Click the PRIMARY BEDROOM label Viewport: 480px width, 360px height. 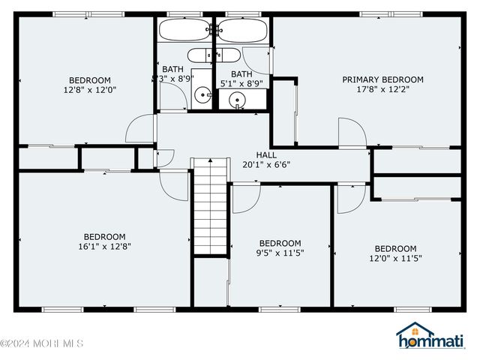(382, 79)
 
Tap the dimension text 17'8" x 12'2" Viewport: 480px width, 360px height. (382, 89)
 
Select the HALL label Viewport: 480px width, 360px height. (266, 154)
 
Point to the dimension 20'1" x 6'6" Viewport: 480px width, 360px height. (266, 164)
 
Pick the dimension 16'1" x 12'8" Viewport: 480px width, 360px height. (104, 246)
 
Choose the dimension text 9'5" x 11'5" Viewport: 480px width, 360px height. (280, 253)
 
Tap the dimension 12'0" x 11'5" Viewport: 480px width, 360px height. (395, 259)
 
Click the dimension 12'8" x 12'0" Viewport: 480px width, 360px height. (90, 90)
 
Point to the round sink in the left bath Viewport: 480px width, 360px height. (202, 95)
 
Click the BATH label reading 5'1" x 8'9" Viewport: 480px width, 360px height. (241, 74)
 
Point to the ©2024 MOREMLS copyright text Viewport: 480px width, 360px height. (42, 344)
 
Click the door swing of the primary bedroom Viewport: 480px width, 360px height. (351, 133)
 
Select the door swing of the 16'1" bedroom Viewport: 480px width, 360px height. (174, 185)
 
